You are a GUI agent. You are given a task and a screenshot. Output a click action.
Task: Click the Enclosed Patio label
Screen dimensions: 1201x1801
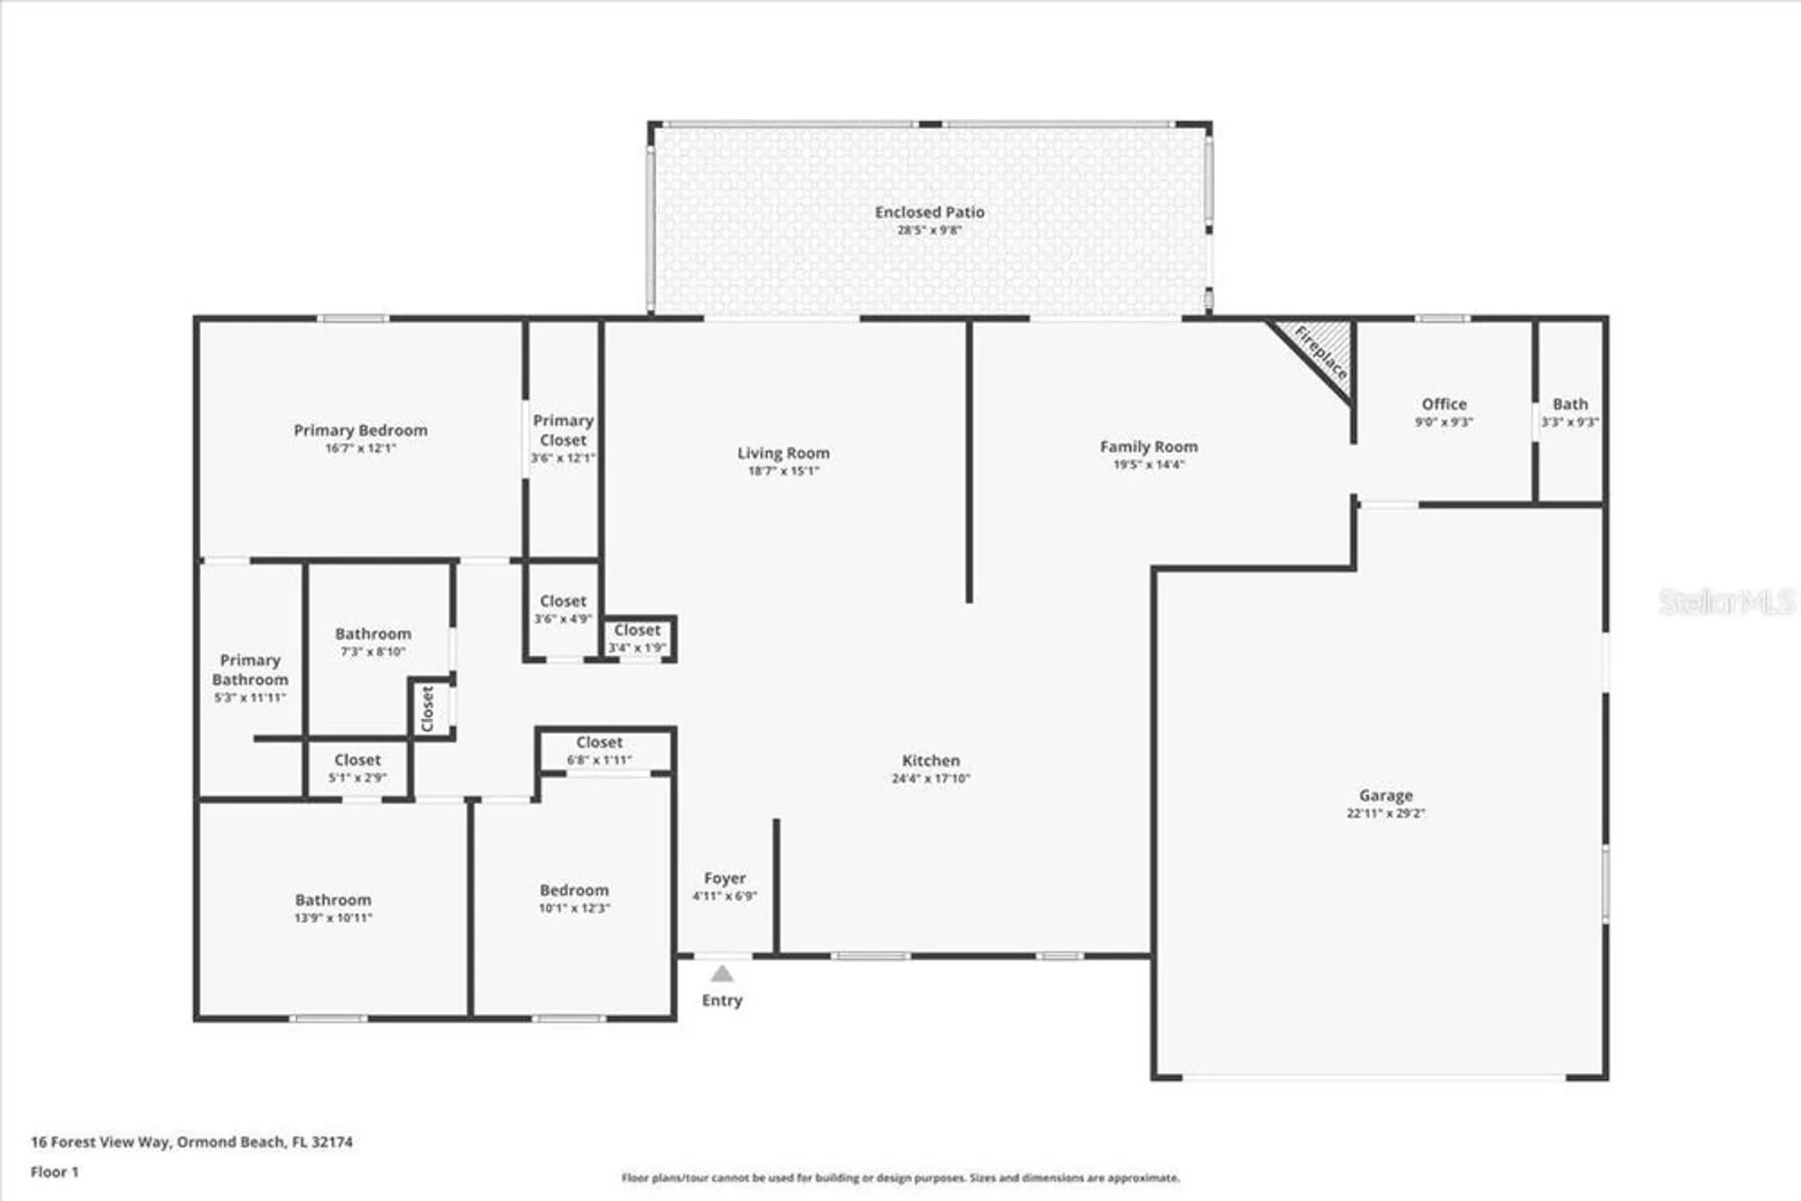coord(929,212)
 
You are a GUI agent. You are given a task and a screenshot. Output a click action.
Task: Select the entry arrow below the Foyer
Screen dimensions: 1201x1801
coord(722,974)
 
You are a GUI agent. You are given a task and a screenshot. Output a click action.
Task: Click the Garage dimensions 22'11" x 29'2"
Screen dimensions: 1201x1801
coord(1385,813)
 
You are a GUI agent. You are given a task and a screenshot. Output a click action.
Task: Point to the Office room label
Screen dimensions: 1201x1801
coord(1444,404)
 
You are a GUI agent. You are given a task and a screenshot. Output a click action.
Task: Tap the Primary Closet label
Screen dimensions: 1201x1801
coord(563,430)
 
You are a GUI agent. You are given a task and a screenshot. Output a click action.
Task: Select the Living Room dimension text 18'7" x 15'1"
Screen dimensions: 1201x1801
coord(783,471)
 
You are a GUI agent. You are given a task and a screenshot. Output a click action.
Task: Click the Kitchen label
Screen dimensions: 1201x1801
coord(930,761)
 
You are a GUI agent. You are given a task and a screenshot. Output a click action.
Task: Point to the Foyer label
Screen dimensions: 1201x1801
coord(725,878)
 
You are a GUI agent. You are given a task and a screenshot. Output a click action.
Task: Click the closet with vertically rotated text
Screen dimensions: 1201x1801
coord(429,709)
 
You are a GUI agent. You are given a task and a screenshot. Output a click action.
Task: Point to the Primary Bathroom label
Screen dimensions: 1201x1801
coord(250,670)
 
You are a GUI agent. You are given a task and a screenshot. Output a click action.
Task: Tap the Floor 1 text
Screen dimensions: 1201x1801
coord(54,1171)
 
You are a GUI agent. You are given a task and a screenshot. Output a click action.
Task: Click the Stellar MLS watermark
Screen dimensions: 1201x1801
coord(1725,601)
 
